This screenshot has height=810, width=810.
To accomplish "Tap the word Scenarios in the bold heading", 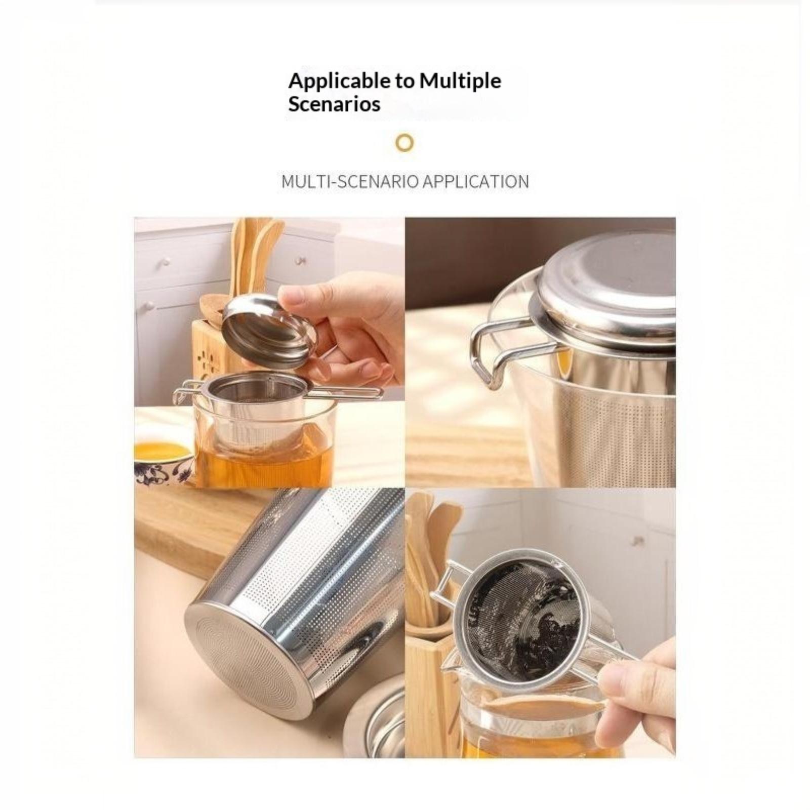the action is coord(334,104).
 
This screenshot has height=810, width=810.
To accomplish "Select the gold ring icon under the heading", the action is coord(404,143).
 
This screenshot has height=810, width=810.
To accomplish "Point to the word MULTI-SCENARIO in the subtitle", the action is coord(349,181).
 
